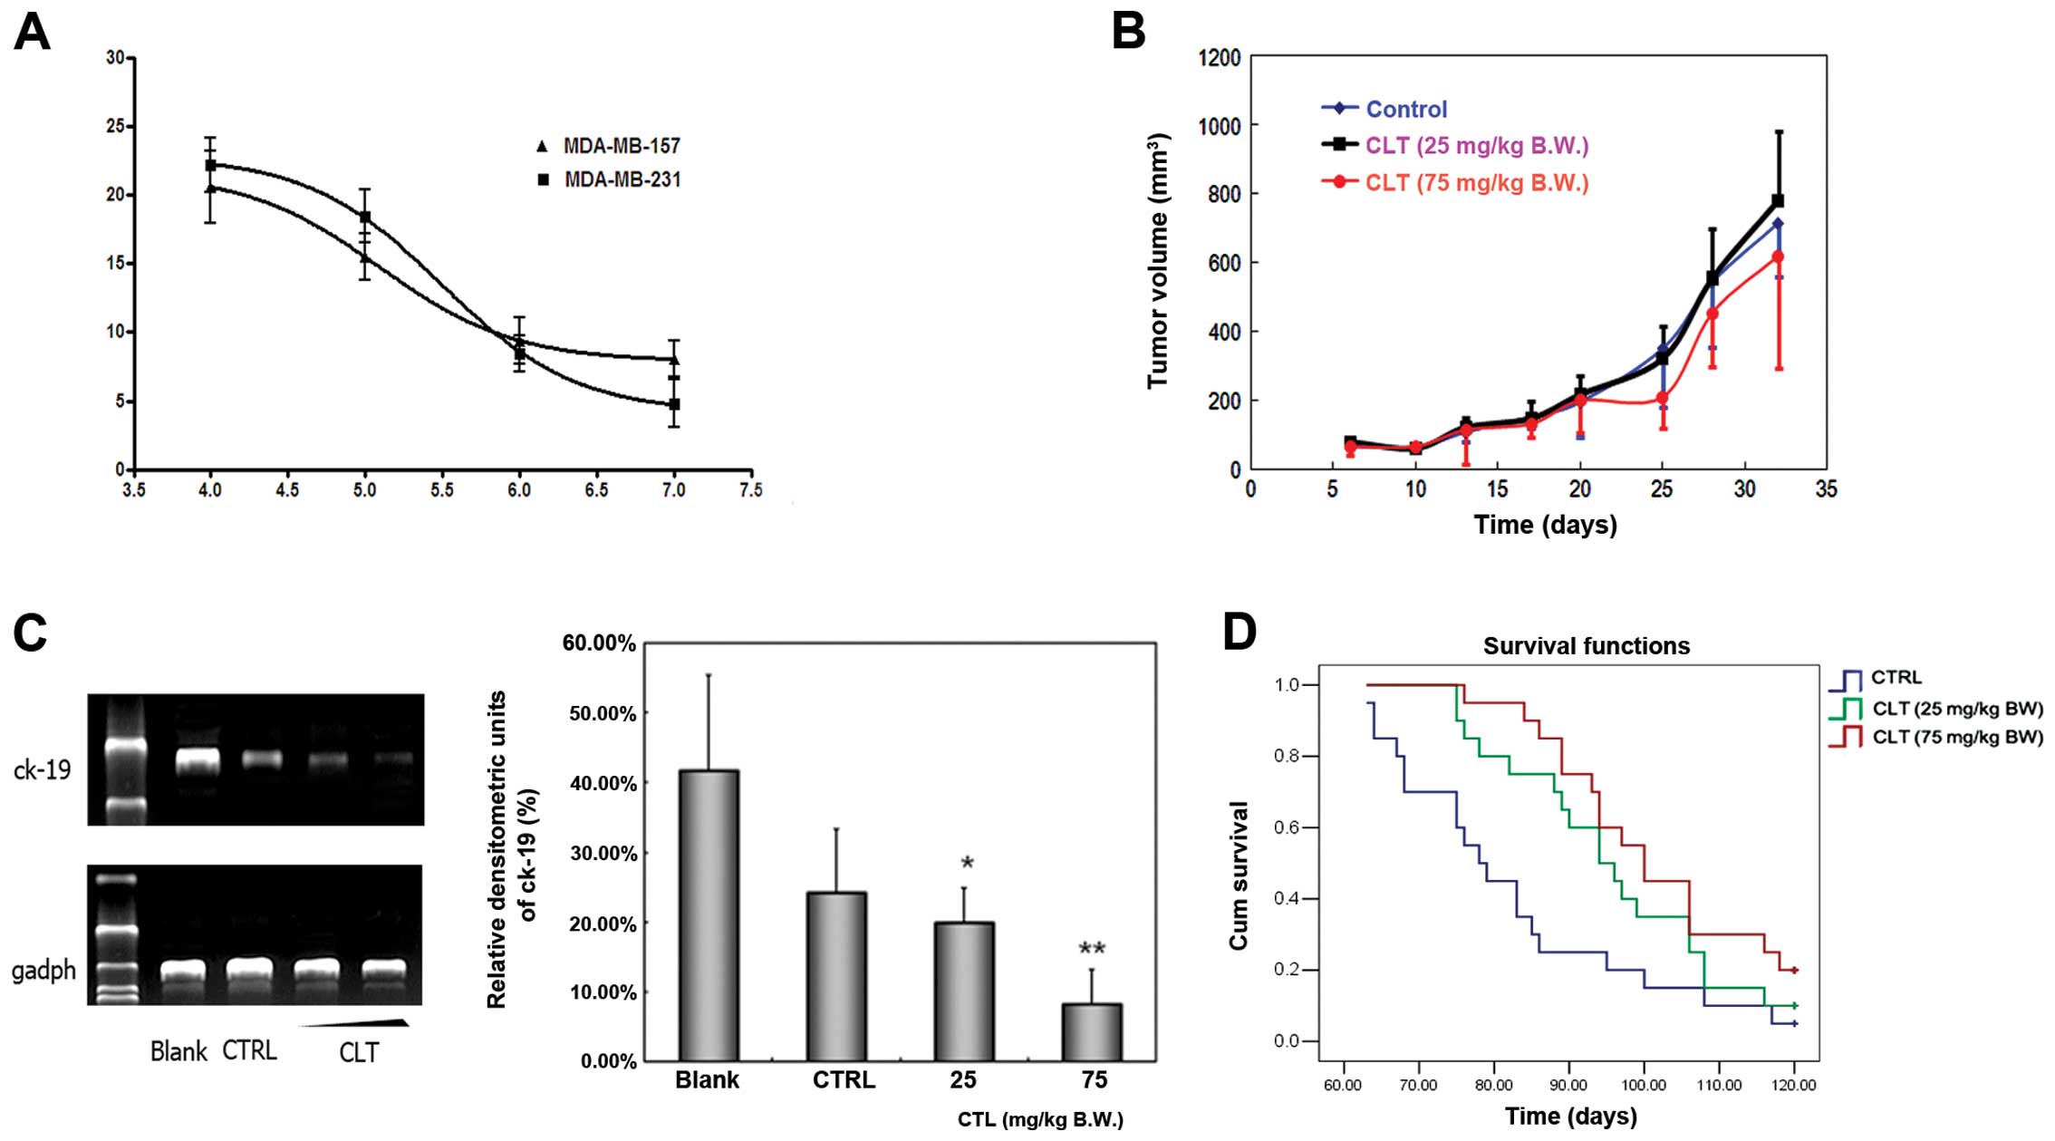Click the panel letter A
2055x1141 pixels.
coord(32,34)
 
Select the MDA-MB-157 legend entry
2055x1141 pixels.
coord(609,146)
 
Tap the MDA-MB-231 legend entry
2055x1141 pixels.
coord(610,179)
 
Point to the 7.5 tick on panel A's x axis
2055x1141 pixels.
coord(751,490)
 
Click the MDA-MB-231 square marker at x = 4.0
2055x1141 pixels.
coord(210,165)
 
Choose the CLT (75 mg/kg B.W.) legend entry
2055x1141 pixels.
coord(1455,182)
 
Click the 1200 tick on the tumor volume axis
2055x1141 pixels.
coord(1220,58)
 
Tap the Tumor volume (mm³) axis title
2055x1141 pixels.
coord(1157,261)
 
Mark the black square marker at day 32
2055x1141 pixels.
coord(1778,200)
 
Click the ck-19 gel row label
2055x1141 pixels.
coord(42,769)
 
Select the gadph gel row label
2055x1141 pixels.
coord(43,971)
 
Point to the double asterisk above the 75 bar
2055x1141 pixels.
coord(1092,950)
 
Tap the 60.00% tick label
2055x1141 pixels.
coord(599,643)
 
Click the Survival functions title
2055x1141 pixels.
coord(1586,646)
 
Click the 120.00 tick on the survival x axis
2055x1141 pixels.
coord(1794,1085)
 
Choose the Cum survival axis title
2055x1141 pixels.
coord(1239,875)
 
